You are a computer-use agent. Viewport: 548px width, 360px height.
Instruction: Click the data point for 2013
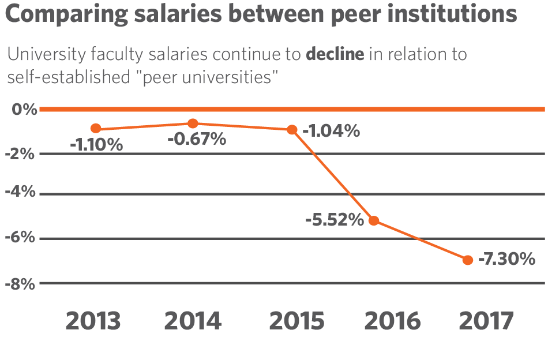(96, 129)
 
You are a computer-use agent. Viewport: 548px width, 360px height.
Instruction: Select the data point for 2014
(193, 123)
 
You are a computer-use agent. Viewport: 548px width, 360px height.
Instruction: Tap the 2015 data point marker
(292, 130)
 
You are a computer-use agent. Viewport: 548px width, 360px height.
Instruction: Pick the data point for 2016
(374, 220)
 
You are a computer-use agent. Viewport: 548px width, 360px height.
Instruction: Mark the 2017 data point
(468, 260)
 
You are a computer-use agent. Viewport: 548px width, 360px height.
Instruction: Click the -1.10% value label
(96, 145)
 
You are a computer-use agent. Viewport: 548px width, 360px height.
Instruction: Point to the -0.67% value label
(197, 139)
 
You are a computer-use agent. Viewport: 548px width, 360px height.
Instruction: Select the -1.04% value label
(331, 131)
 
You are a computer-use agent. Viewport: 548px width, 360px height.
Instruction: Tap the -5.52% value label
(335, 220)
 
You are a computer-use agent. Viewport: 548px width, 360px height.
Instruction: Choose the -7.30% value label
(507, 260)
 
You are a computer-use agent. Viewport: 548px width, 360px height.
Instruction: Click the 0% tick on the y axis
(24, 109)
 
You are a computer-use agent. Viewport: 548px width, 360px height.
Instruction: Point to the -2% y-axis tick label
(20, 154)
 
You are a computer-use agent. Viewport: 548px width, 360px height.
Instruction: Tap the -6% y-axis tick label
(20, 238)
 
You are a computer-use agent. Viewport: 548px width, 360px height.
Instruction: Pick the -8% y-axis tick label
(20, 283)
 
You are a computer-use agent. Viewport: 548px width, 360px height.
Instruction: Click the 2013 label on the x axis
(93, 321)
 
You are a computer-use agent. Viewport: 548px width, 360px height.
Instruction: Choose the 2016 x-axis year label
(392, 321)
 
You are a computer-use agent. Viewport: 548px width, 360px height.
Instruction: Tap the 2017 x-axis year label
(486, 321)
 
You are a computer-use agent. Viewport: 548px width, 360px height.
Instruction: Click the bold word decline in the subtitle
(335, 55)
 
